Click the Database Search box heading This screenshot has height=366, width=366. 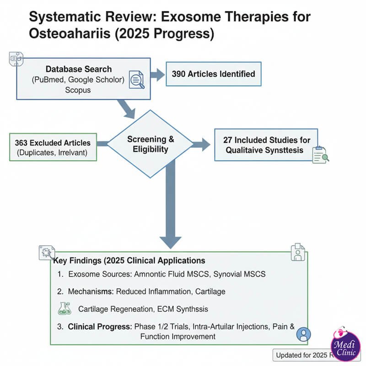coord(78,69)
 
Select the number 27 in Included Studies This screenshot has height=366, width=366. coord(228,140)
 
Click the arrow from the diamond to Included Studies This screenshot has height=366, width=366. coord(200,145)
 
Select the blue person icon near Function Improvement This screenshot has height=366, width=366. coord(302,335)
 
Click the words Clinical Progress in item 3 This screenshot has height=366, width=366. coord(99,327)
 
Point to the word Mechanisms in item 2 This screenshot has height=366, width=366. coord(91,291)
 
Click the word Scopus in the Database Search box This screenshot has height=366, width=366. coord(78,90)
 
